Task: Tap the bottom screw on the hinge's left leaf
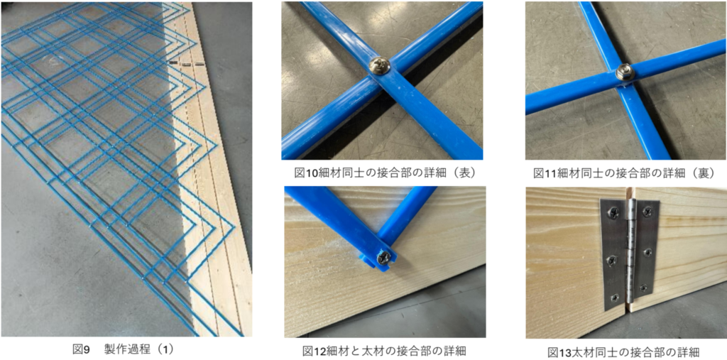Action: [614, 297]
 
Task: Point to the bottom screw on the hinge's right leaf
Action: [642, 288]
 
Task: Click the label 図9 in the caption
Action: [81, 349]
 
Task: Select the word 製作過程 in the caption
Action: [125, 349]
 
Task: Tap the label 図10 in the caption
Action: [305, 173]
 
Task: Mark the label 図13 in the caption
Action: [559, 351]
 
